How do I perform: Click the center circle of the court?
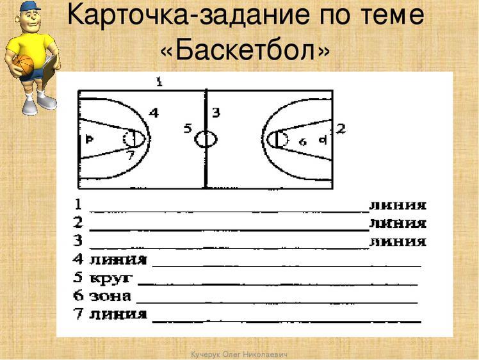(206, 139)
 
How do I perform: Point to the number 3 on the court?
(216, 113)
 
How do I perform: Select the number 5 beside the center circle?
(188, 129)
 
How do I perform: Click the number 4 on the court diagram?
(154, 113)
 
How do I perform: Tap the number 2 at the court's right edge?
(341, 129)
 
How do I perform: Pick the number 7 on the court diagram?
(130, 156)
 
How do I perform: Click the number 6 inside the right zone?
(303, 141)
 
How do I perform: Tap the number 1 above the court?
(159, 81)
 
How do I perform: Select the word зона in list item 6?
(111, 297)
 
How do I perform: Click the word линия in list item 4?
(119, 260)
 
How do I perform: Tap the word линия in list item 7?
(119, 315)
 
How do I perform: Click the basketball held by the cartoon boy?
(23, 65)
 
